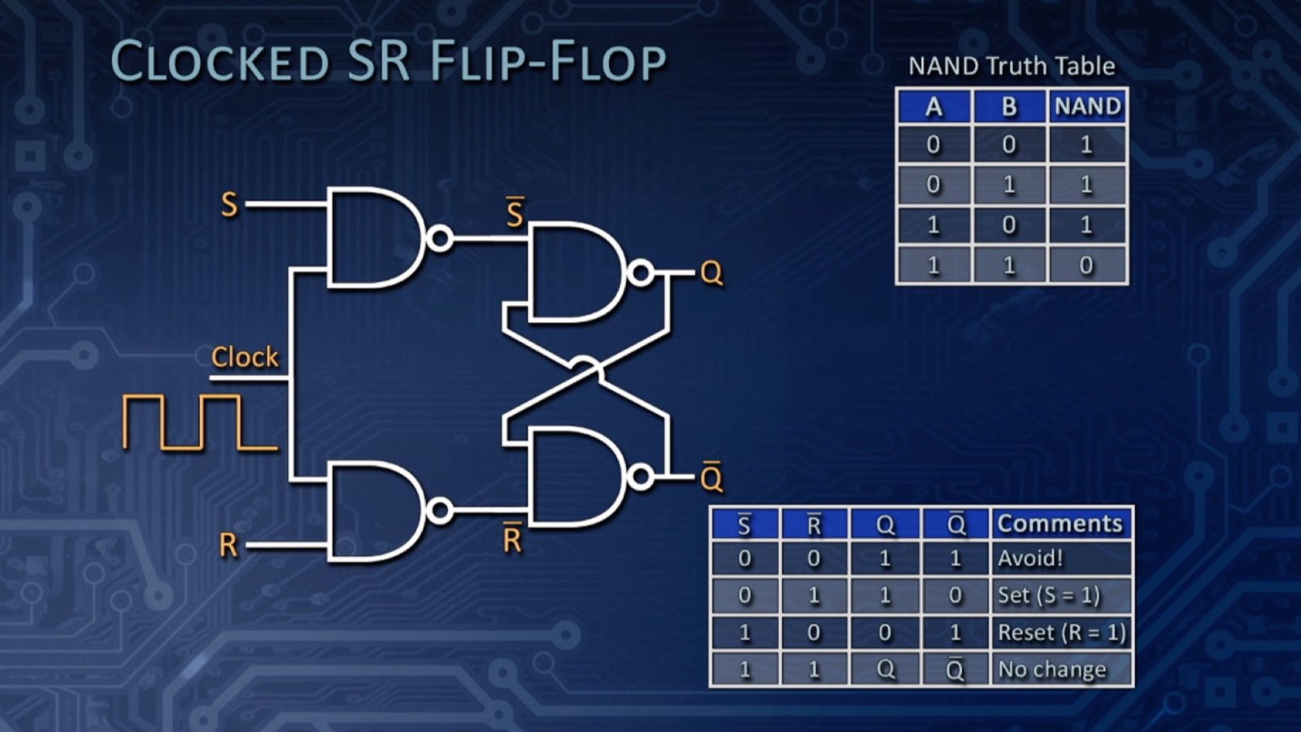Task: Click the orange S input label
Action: click(x=229, y=204)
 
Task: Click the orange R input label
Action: click(x=228, y=545)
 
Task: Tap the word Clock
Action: click(x=244, y=357)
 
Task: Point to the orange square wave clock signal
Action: click(x=199, y=422)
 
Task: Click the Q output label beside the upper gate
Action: click(x=711, y=273)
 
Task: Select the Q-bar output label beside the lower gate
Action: click(x=711, y=478)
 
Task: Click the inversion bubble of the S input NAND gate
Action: click(x=440, y=239)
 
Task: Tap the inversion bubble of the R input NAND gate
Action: click(x=440, y=511)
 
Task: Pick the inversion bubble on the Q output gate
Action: click(x=641, y=273)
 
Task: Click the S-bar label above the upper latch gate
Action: click(x=515, y=214)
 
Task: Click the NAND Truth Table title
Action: click(x=1011, y=66)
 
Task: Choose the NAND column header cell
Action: click(x=1087, y=107)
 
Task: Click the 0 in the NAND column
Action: click(x=1086, y=265)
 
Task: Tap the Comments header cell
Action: click(x=1060, y=524)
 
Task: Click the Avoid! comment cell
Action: click(x=1060, y=559)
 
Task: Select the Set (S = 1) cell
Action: click(x=1060, y=595)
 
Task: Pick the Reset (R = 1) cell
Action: click(x=1060, y=633)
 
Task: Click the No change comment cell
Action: click(x=1060, y=669)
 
